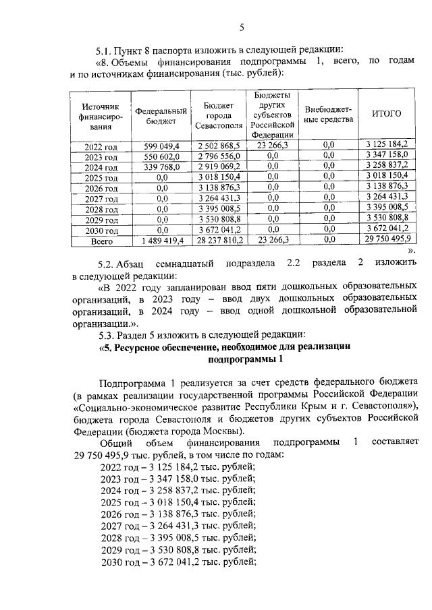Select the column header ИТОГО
(x=387, y=114)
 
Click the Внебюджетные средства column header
(x=329, y=115)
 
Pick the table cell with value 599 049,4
(x=160, y=145)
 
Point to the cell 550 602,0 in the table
(x=160, y=156)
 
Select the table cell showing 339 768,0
(x=160, y=166)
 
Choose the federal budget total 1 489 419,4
(x=160, y=239)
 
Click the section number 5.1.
(x=105, y=50)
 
